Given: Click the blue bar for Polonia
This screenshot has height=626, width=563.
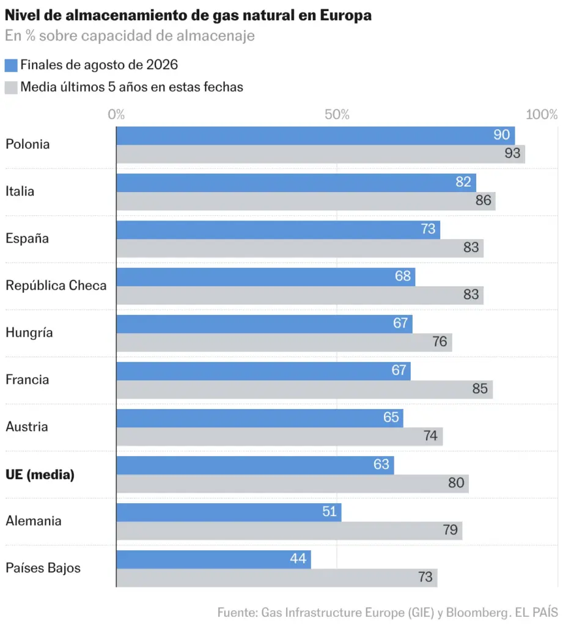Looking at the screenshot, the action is tap(315, 136).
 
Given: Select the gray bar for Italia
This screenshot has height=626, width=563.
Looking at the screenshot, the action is tap(306, 201).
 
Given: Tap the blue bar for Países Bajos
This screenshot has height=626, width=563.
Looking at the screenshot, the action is tap(213, 559).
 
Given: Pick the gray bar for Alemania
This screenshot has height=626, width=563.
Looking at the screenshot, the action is tap(290, 531).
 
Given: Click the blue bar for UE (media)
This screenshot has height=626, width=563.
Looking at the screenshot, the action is tap(255, 465).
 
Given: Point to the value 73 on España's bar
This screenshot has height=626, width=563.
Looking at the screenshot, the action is tap(428, 229).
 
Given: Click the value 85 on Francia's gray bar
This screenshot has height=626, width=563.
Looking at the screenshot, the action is tap(479, 388).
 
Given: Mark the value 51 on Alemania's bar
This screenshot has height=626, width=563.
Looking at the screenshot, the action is tap(329, 512).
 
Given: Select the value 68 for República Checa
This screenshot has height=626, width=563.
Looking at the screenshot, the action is tap(402, 276).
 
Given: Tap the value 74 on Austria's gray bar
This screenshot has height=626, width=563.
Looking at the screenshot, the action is tap(430, 435).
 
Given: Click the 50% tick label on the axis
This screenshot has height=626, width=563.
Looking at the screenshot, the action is tap(337, 114).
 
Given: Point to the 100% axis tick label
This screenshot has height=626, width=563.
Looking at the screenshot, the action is tap(542, 114).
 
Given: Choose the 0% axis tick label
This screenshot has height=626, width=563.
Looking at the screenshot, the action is tap(116, 114).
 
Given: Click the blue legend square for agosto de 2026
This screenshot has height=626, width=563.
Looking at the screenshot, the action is tap(11, 65).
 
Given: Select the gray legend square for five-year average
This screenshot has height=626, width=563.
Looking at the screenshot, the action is tap(11, 87).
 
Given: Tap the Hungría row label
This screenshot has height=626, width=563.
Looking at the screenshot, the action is tap(29, 333).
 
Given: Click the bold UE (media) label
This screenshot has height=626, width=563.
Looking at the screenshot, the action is tap(40, 474).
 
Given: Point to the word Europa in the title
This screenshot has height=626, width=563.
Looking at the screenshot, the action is tap(346, 16).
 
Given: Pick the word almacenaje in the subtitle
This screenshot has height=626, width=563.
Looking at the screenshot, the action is tap(216, 36).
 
